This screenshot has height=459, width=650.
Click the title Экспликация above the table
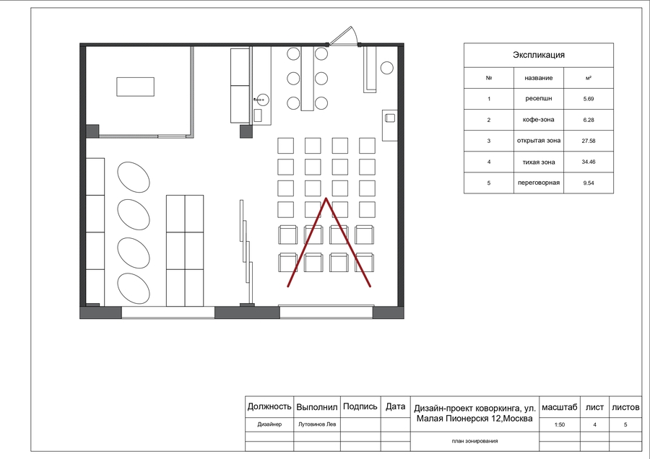[539, 55]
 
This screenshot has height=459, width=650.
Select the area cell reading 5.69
[588, 99]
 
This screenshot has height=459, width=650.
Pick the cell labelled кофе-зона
[539, 120]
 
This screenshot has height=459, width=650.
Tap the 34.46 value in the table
[588, 162]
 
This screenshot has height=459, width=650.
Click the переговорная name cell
[539, 183]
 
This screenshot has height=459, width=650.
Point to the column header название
[539, 78]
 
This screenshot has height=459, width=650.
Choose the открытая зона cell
[539, 141]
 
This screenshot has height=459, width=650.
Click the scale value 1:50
[559, 424]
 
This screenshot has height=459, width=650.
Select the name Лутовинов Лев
[317, 424]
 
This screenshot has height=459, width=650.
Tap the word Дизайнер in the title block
[269, 424]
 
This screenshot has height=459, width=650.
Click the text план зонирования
[474, 441]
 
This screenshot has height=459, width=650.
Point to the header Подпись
[360, 407]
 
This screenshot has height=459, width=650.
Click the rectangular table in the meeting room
[135, 87]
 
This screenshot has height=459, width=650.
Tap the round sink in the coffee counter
[262, 100]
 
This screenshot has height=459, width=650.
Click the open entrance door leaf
[343, 35]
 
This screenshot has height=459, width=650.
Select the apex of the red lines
[326, 198]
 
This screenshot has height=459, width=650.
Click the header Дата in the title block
[396, 407]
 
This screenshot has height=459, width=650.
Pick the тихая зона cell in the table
[539, 162]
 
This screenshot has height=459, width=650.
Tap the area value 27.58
[588, 141]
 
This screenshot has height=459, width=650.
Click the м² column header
[588, 78]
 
